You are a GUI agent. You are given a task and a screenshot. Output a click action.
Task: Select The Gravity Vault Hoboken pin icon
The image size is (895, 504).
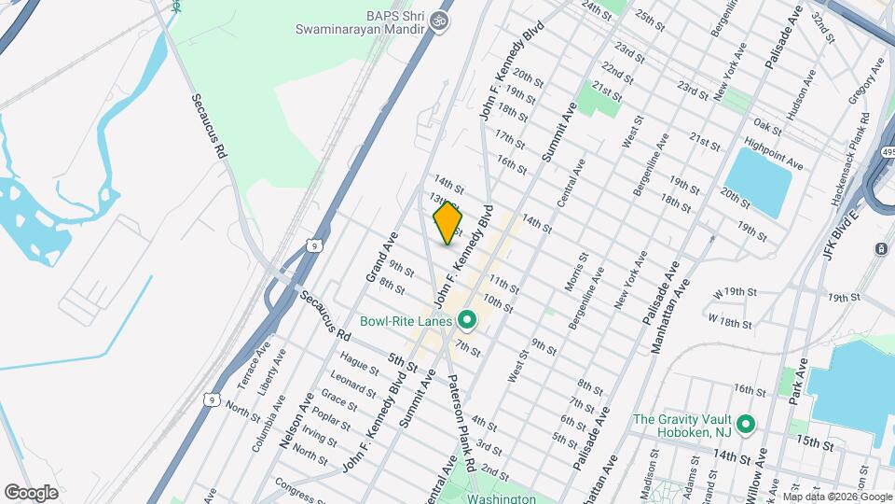[745, 426]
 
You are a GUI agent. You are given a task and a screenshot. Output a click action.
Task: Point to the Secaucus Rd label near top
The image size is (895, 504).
[210, 124]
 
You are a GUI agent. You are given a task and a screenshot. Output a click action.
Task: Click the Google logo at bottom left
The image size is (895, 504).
[31, 492]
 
